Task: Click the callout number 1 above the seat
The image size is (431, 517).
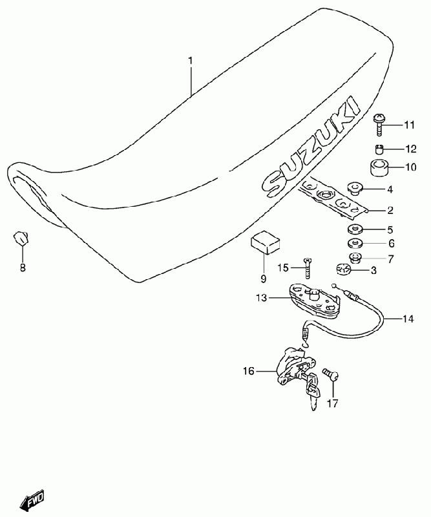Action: [191, 61]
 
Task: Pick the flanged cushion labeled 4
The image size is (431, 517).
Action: [355, 189]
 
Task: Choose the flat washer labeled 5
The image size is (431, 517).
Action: [354, 229]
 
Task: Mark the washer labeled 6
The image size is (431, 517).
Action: [355, 244]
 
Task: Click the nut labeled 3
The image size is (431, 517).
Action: [355, 268]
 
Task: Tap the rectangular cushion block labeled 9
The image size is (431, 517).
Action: [264, 242]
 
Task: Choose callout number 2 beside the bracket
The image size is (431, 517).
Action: [390, 210]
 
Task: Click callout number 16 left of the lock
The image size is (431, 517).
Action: [249, 371]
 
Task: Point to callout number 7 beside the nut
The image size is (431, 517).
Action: [390, 258]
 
